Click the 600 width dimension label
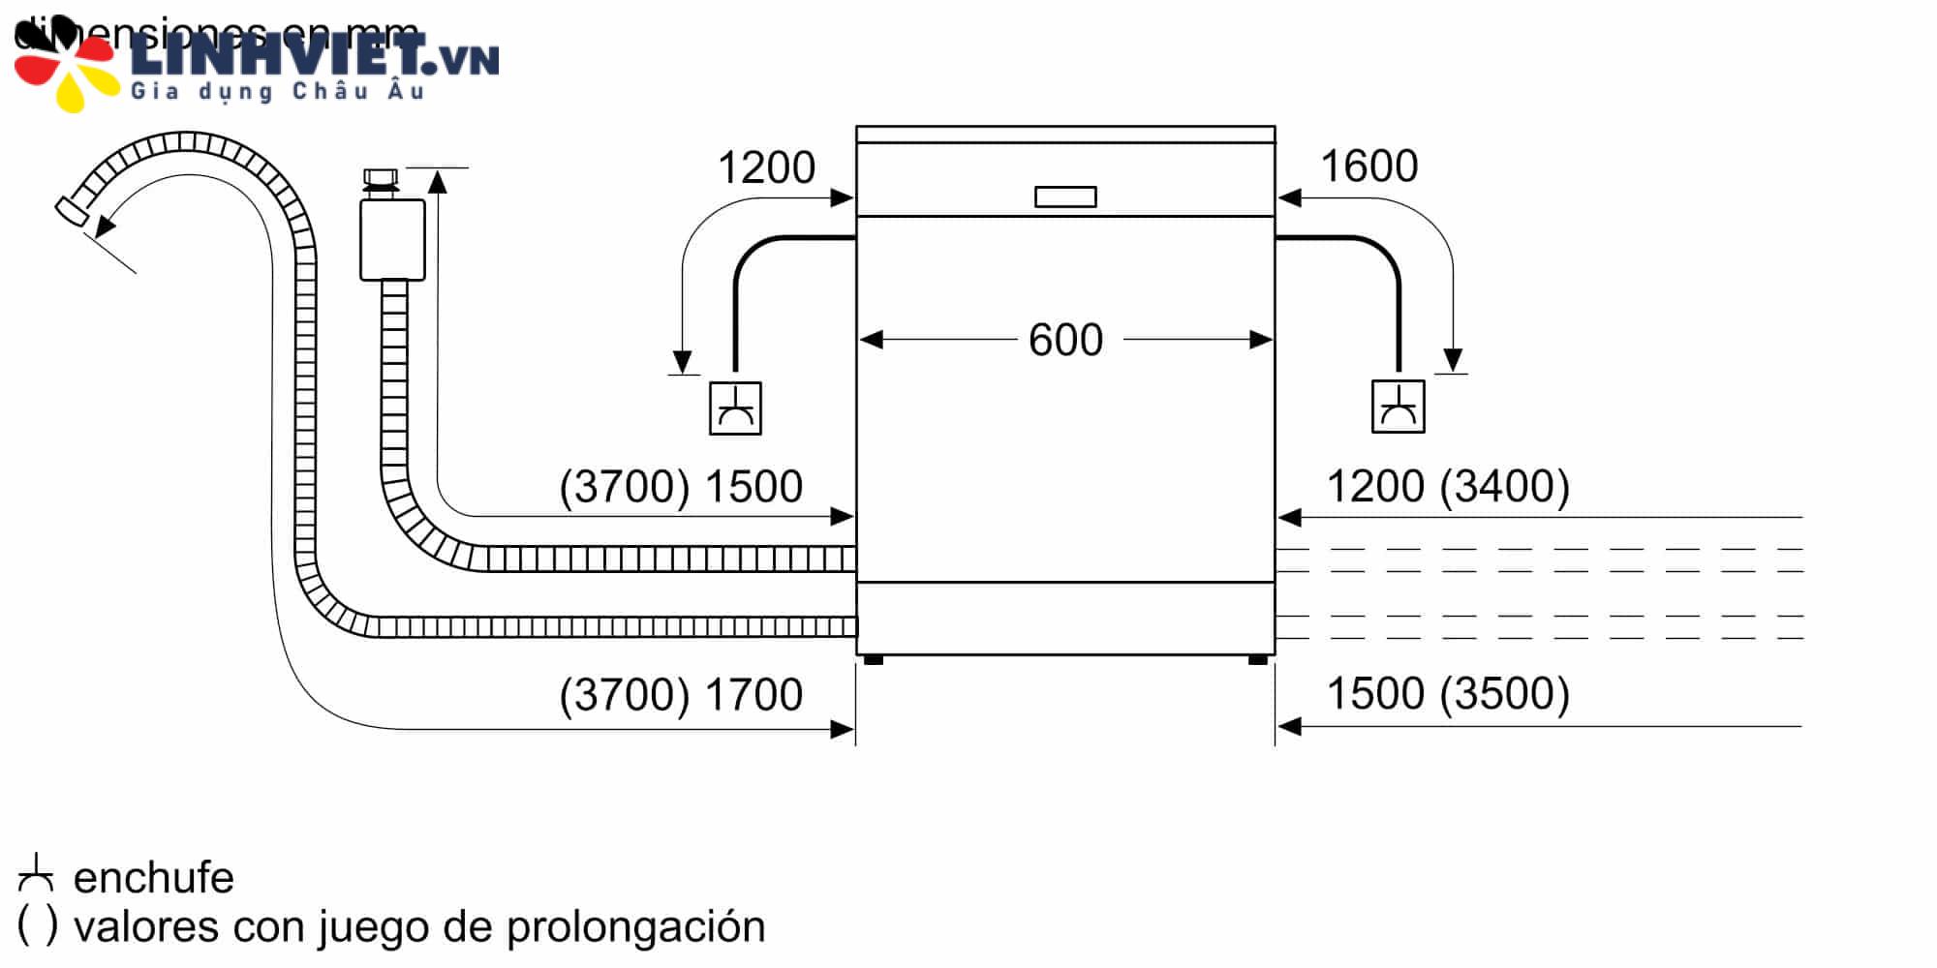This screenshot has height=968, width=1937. pos(1065,340)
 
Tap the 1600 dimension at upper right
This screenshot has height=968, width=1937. pos(1368,166)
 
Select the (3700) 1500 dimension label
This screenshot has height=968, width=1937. pos(681,486)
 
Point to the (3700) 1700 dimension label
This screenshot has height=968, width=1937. pos(681,694)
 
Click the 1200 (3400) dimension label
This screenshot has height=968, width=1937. pos(1447,486)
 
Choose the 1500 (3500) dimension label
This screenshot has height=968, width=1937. pos(1447,693)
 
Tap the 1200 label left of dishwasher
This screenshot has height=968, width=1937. pos(766,167)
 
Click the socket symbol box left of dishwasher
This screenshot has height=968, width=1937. pos(735,408)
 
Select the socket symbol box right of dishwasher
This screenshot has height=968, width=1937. pos(1398,407)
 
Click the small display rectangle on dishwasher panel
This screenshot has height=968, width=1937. pos(1065,197)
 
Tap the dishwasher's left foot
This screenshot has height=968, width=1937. pos(873,660)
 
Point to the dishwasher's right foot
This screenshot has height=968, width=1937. pos(1258,660)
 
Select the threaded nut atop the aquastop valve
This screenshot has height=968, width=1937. pos(380,179)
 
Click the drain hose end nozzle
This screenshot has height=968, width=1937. pos(71,211)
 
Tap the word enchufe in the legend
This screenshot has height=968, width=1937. pos(153,878)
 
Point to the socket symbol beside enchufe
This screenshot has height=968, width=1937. pos(36,874)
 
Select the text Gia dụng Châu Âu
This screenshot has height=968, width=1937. pos(277,92)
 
